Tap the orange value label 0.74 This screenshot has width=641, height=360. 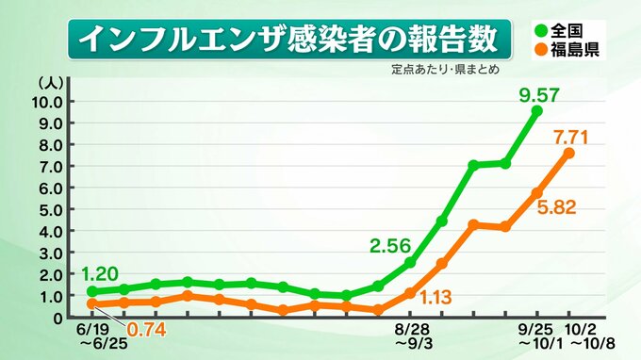coord(146,329)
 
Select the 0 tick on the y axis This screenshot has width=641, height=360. coord(58,318)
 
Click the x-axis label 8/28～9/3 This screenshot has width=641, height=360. coord(413,336)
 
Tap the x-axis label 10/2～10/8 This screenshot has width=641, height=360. coord(587,336)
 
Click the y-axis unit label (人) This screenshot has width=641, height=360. coord(51,83)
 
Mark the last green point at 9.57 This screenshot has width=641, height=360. coord(537,111)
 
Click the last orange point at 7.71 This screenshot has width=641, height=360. coord(569,153)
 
